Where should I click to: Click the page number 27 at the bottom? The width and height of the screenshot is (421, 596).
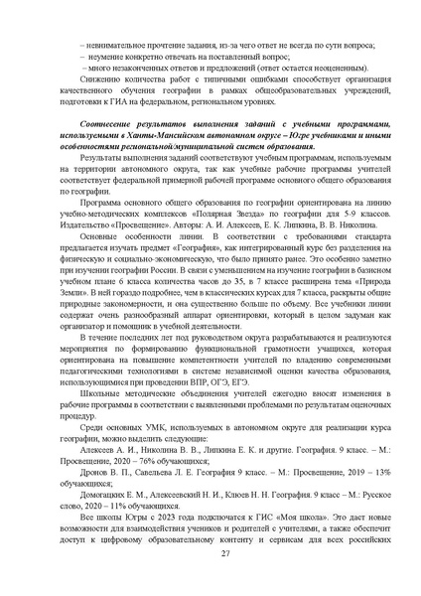[x=210, y=567]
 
